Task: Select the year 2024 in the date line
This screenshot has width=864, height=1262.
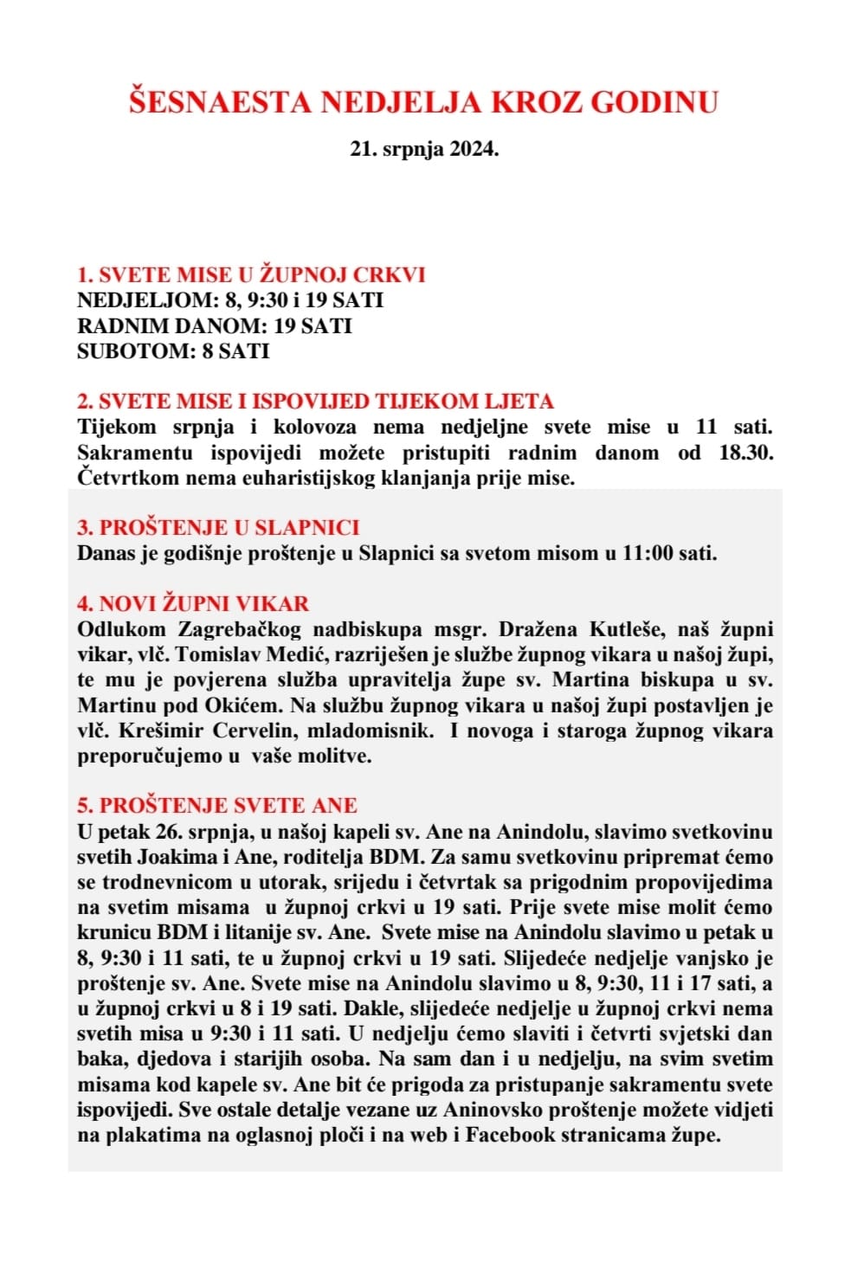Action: click(474, 149)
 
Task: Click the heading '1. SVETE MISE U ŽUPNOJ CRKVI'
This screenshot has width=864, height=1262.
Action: click(251, 275)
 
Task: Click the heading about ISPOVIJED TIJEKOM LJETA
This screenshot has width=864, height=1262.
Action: click(315, 402)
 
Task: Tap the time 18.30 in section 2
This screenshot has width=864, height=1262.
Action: click(745, 452)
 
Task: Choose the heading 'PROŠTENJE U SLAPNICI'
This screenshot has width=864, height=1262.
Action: click(218, 527)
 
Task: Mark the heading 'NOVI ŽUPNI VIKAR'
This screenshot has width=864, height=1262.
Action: click(193, 603)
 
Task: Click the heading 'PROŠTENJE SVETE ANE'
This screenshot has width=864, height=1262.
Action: click(217, 806)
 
